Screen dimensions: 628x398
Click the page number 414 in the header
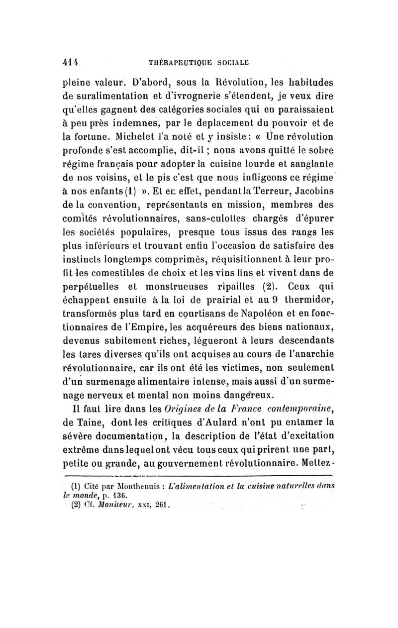click(x=68, y=63)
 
